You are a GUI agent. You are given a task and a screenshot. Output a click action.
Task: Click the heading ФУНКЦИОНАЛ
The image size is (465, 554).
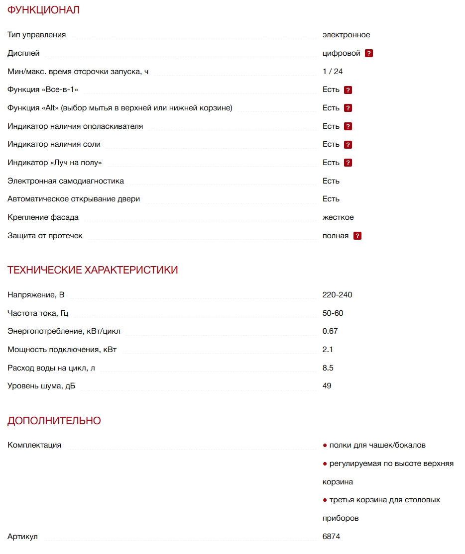point(43,10)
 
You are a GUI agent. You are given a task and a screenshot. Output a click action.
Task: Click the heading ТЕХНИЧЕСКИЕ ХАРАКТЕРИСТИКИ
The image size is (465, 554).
point(93,270)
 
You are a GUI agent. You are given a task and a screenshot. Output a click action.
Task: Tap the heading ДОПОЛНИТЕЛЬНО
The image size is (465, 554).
point(54,421)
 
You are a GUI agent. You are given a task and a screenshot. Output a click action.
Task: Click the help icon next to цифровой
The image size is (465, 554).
point(369,53)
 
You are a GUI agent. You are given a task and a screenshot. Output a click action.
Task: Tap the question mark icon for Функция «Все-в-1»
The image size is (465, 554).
point(348,90)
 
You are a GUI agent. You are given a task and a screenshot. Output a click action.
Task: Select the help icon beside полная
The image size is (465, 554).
point(357,236)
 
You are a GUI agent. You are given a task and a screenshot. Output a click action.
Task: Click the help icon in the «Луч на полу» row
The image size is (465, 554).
point(348,163)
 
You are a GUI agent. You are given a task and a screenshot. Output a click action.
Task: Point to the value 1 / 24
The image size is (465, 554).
point(333,71)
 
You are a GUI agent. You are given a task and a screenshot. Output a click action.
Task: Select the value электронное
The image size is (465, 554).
point(346,35)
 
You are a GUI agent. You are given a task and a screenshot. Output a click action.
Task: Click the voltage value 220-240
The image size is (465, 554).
point(337,295)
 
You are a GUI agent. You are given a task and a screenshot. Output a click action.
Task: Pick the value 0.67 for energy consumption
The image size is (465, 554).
point(330,331)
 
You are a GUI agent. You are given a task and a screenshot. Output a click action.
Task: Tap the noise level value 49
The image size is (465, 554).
point(327,386)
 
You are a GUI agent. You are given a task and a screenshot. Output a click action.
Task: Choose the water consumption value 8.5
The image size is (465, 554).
point(328,368)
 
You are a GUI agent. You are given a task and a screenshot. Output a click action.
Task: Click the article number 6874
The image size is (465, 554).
point(331,537)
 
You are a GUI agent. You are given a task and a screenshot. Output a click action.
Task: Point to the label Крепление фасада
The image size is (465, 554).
point(43,217)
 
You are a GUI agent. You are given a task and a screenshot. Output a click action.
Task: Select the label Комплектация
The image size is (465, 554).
point(34,445)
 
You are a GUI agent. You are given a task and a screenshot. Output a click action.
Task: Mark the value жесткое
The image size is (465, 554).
point(338,217)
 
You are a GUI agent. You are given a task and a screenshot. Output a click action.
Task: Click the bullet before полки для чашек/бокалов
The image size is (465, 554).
point(325,445)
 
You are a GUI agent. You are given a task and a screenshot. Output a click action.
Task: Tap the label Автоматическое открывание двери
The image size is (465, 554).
point(74,199)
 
